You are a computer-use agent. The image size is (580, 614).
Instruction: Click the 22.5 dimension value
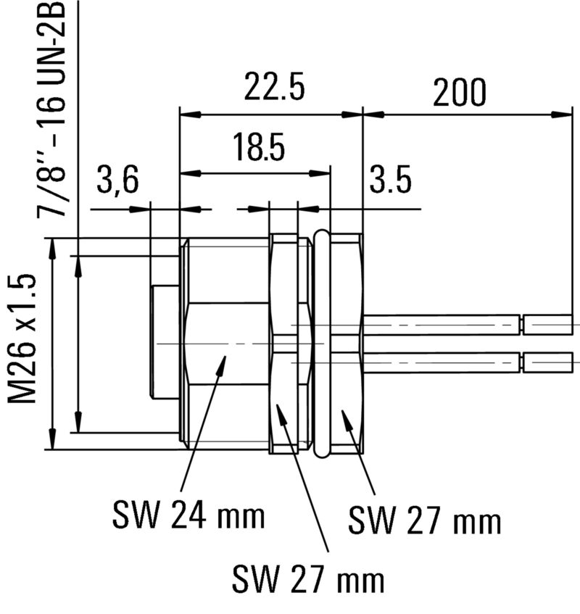coord(273,89)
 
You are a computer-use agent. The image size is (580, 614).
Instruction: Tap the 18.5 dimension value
coord(259,148)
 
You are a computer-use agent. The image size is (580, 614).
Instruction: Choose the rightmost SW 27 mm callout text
coord(424,520)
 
